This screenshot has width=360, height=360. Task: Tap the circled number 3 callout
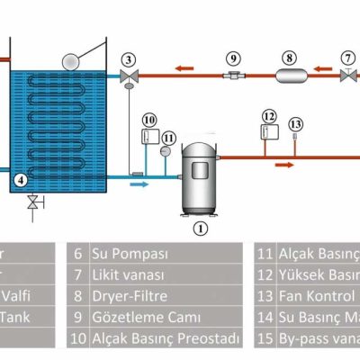[130, 60]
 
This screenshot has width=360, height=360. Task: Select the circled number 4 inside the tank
[21, 180]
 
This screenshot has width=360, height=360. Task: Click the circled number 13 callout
[296, 124]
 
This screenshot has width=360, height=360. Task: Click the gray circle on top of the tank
[70, 60]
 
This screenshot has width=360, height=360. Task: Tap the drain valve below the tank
[33, 202]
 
